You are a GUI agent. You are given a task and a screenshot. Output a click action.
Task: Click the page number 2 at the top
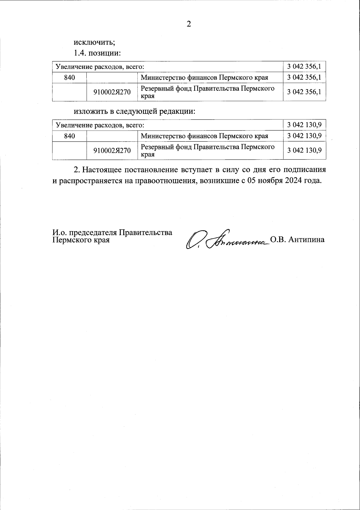click(189, 24)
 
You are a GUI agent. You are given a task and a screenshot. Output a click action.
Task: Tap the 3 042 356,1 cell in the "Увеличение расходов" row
click(304, 66)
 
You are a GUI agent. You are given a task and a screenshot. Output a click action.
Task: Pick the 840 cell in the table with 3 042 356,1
click(70, 77)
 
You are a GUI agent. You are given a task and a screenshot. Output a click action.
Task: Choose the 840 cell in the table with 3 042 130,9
click(70, 136)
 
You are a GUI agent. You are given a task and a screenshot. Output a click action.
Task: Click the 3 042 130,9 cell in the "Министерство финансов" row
click(304, 136)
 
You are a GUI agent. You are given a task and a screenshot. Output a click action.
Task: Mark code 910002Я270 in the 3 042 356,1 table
click(112, 92)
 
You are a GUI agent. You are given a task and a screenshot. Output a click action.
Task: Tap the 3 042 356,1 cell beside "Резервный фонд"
click(304, 92)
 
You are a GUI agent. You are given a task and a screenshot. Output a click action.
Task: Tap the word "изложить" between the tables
click(90, 112)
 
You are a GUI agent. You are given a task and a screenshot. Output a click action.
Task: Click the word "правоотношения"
click(165, 181)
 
